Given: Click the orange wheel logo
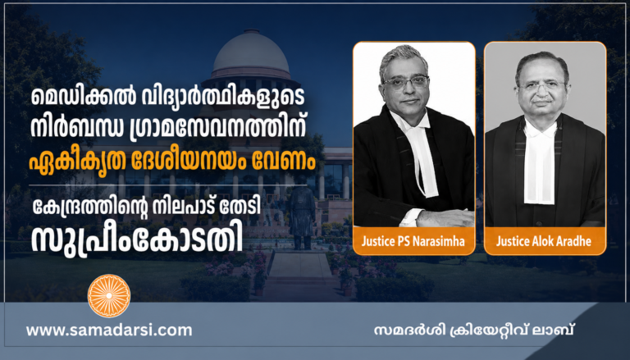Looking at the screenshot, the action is tap(109, 296).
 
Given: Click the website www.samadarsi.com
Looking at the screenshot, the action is tap(109, 330).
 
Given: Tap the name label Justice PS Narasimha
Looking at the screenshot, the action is tap(413, 241).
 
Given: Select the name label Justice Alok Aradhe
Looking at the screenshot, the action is tap(544, 241).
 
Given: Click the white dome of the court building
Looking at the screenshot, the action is tap(251, 54).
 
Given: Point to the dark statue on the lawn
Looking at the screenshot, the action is tap(302, 217).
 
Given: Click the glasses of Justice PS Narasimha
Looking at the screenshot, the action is tap(406, 83).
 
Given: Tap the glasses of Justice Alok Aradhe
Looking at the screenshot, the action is tap(543, 85).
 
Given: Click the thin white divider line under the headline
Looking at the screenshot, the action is tap(167, 185).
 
